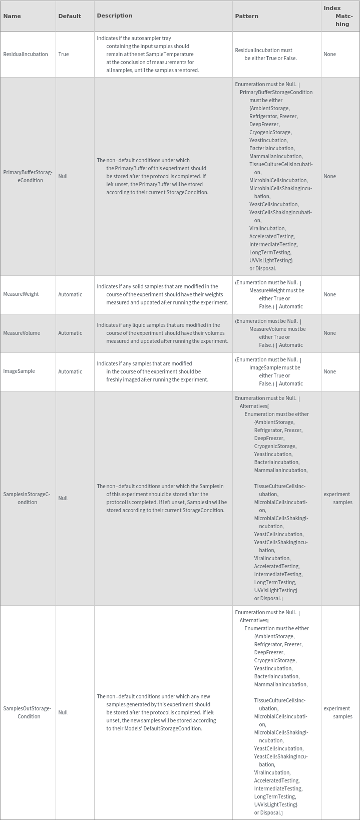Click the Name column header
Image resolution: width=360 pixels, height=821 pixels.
(x=12, y=16)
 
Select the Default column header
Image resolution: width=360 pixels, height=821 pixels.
(x=70, y=16)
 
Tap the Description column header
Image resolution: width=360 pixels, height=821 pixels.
(x=115, y=16)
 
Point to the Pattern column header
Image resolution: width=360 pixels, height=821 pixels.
(x=246, y=16)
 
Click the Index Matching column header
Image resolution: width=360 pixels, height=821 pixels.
(x=338, y=16)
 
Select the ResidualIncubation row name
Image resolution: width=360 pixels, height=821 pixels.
(x=26, y=54)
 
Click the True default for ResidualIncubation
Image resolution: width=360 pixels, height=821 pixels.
(x=64, y=54)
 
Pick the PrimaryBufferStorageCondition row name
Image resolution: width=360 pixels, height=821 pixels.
(x=28, y=176)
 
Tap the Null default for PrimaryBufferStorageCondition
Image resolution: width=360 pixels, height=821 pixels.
(x=63, y=176)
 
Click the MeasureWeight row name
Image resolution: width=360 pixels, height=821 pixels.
(x=21, y=294)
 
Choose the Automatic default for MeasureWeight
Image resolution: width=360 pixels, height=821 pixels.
(x=70, y=294)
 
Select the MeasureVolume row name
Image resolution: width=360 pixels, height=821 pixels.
(x=22, y=333)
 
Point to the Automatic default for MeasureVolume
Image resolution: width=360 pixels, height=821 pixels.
(x=70, y=333)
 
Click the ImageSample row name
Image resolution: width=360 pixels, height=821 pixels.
(x=19, y=371)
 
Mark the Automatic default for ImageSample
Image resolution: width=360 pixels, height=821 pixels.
(x=70, y=371)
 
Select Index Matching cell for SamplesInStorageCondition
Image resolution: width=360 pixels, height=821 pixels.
(x=338, y=498)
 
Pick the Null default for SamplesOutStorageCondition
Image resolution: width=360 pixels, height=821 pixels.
(x=63, y=712)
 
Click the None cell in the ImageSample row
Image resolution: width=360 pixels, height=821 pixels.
(x=329, y=371)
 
